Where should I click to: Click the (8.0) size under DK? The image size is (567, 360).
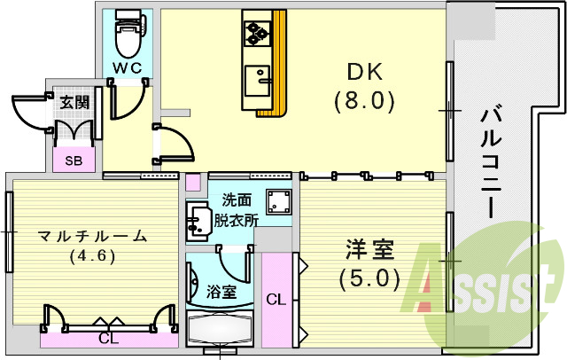tap(363, 100)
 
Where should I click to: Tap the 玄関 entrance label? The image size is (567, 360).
tap(74, 102)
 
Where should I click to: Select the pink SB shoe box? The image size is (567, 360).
tap(75, 160)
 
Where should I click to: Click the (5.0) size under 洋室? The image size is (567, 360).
tap(364, 278)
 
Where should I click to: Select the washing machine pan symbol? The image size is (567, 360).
tap(280, 201)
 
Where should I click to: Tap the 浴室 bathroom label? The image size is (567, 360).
tap(221, 290)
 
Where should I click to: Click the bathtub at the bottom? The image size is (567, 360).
tap(221, 332)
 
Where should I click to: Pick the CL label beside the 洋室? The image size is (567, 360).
tap(275, 300)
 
